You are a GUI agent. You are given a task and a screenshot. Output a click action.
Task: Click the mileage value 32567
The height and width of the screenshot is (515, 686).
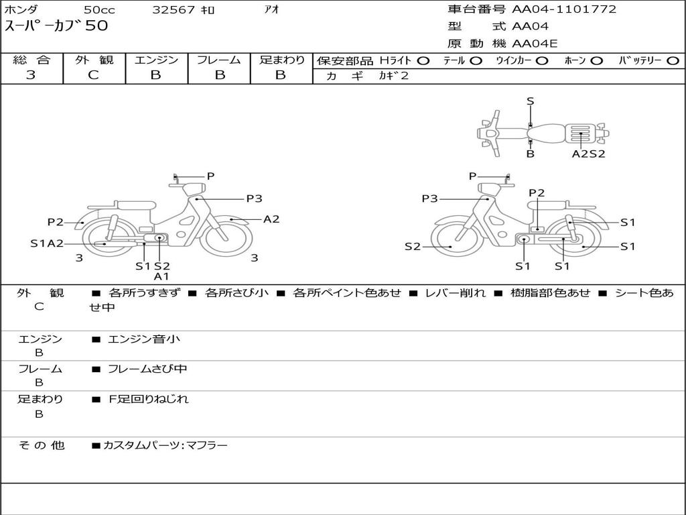[x=174, y=10]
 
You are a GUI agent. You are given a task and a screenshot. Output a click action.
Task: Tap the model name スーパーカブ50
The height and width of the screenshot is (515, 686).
[x=56, y=26]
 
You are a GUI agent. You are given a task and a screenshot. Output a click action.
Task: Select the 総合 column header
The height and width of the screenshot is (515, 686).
[x=31, y=60]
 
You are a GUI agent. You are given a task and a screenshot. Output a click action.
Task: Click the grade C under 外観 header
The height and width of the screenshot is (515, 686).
[x=94, y=75]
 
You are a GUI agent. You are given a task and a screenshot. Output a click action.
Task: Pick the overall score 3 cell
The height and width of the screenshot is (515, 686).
[x=31, y=75]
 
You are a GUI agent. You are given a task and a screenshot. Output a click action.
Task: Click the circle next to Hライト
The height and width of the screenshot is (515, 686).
[x=423, y=60]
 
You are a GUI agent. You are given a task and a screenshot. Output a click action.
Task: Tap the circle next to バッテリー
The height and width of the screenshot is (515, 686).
[x=673, y=60]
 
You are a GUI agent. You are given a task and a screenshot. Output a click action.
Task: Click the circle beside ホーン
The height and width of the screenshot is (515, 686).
[x=597, y=60]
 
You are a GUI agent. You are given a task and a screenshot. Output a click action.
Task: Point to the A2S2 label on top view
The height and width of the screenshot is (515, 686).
[x=588, y=154]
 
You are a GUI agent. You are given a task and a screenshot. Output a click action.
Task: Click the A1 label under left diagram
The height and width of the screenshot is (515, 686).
[x=161, y=276]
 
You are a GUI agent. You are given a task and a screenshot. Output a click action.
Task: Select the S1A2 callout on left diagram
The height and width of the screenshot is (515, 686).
[x=47, y=243]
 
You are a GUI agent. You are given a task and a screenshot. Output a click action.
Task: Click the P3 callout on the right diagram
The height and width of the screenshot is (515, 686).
[x=429, y=198]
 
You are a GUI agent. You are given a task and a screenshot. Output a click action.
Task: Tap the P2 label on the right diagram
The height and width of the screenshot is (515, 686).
[x=537, y=193]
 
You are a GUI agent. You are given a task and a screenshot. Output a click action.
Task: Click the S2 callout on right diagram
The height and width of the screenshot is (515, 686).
[x=412, y=247]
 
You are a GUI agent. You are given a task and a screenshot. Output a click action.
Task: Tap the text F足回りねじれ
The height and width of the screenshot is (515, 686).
[x=149, y=399]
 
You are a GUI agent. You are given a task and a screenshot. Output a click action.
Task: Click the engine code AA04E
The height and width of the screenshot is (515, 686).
[x=535, y=44]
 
